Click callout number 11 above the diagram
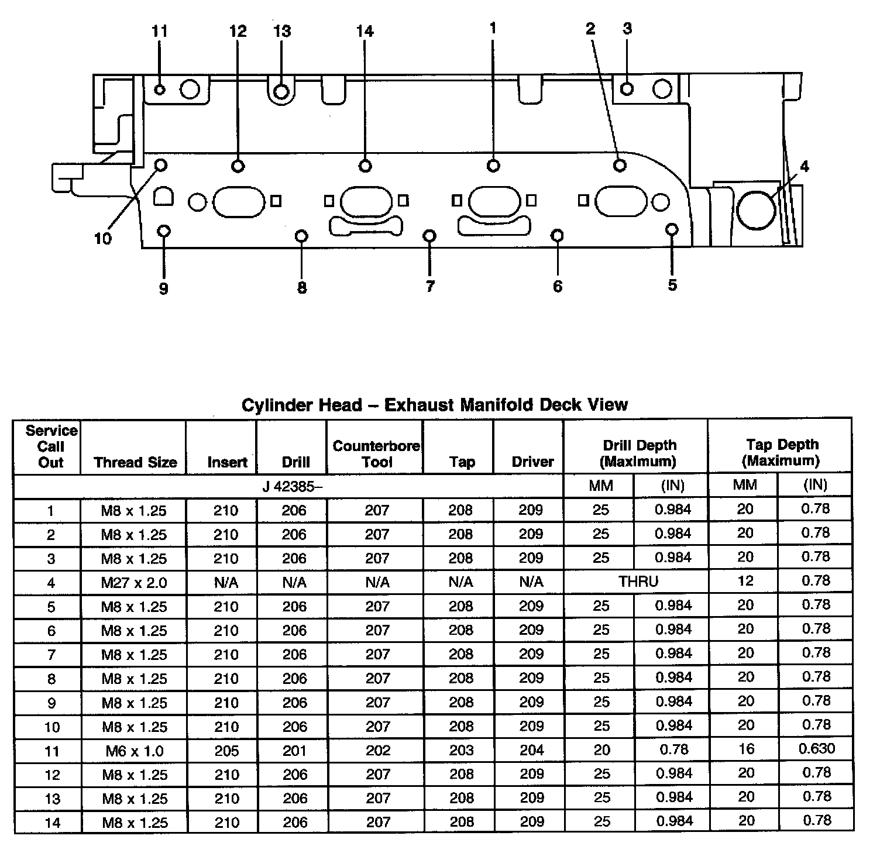159,31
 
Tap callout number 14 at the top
365,31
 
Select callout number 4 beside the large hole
805,167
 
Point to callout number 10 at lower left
102,239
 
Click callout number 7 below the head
430,286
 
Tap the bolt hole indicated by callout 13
281,92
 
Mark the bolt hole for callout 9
164,231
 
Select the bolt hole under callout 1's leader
493,166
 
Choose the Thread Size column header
135,462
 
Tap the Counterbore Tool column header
376,454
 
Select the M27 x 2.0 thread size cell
134,583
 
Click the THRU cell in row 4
638,582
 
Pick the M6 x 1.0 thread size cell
134,751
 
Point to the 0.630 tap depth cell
816,748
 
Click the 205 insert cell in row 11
226,751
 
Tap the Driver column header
532,462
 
